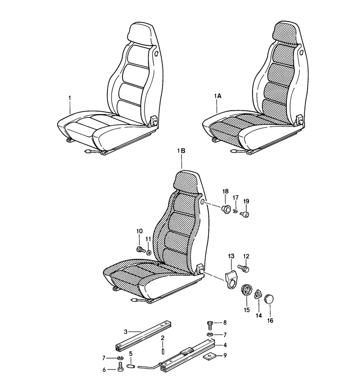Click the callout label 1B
[x=182, y=151]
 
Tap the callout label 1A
[x=218, y=96]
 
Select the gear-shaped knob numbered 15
[x=246, y=291]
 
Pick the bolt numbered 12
[x=243, y=268]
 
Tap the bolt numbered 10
[x=140, y=250]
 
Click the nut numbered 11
[x=149, y=252]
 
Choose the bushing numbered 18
[x=226, y=209]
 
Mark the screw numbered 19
[x=246, y=215]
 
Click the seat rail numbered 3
[x=143, y=336]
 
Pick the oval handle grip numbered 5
[x=131, y=366]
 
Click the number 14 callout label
[x=259, y=316]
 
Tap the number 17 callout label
[x=236, y=198]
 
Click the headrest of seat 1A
[x=286, y=33]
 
